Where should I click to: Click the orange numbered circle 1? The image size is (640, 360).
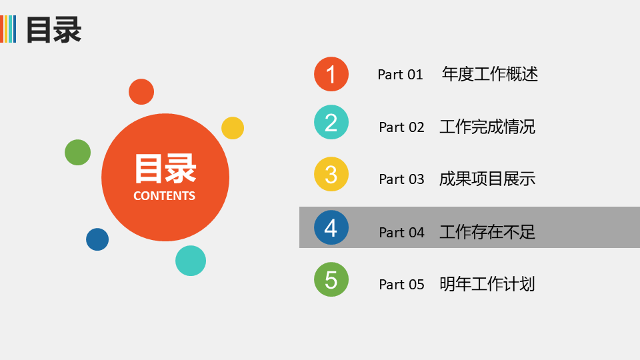click(x=331, y=74)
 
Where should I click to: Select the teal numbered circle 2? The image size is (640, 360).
click(x=331, y=122)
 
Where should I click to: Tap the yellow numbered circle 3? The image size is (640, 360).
click(x=331, y=174)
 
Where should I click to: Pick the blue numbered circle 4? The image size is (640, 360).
click(x=331, y=227)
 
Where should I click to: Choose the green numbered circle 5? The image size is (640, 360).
click(x=331, y=279)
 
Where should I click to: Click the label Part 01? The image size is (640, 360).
click(x=400, y=75)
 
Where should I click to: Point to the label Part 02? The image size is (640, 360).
click(x=401, y=127)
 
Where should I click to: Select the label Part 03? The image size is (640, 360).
click(x=401, y=179)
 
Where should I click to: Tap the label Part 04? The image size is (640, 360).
click(x=401, y=232)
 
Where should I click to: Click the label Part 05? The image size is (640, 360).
click(x=401, y=285)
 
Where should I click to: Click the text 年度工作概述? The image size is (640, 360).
click(x=490, y=74)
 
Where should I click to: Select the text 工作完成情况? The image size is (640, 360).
click(x=487, y=127)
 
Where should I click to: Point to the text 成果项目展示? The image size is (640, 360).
click(x=487, y=179)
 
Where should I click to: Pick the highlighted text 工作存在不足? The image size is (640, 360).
click(x=487, y=232)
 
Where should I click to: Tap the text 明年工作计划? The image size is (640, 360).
click(x=487, y=284)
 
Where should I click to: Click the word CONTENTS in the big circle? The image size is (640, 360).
click(x=165, y=196)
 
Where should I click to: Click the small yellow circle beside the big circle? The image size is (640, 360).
click(x=233, y=128)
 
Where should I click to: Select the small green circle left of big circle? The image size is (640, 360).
click(x=77, y=152)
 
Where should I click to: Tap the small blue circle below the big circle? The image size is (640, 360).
click(x=97, y=239)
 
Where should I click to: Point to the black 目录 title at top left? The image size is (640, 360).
click(x=54, y=29)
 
